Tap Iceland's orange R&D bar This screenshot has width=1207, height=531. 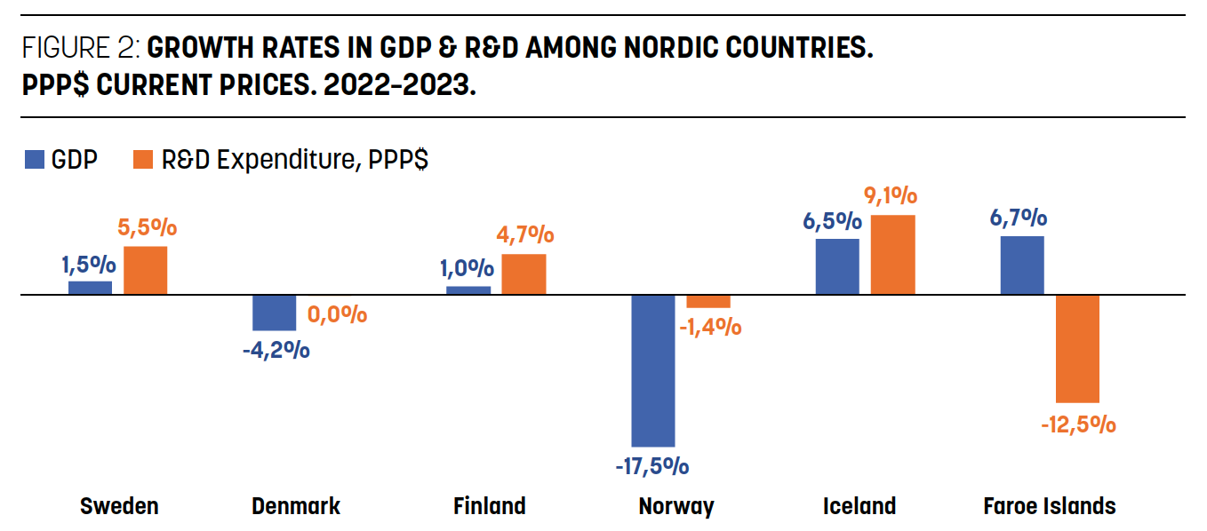[x=892, y=255]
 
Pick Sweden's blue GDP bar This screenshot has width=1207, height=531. [x=91, y=288]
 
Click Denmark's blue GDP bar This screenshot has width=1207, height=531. [x=275, y=313]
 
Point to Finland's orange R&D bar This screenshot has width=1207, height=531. [x=524, y=274]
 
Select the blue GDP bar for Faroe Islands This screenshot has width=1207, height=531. [x=1022, y=265]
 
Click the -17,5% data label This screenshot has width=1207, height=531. [x=653, y=465]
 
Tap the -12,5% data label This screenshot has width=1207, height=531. [x=1078, y=424]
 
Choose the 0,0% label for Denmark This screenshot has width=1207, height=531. [x=337, y=314]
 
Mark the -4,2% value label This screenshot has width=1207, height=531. [x=276, y=350]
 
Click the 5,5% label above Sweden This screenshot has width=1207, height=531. [x=148, y=228]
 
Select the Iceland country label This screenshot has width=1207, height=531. [x=859, y=506]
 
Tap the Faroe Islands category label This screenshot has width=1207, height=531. [x=1049, y=506]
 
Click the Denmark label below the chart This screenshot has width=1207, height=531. [x=296, y=506]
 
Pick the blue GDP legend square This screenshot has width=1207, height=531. [x=35, y=160]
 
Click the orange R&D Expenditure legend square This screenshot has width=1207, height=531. [x=142, y=160]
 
